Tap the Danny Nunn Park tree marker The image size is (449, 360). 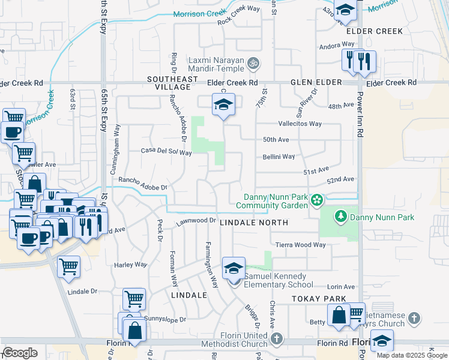coord(340,215)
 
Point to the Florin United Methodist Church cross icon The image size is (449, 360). coord(276,339)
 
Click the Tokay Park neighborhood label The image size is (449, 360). coord(319,299)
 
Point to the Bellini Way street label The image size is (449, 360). coord(279,157)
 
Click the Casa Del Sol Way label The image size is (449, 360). coord(166,152)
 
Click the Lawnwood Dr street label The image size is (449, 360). coord(196,222)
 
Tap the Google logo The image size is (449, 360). coord(20,353)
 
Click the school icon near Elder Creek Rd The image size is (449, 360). coord(223,105)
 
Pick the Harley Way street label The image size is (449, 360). coord(130,265)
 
